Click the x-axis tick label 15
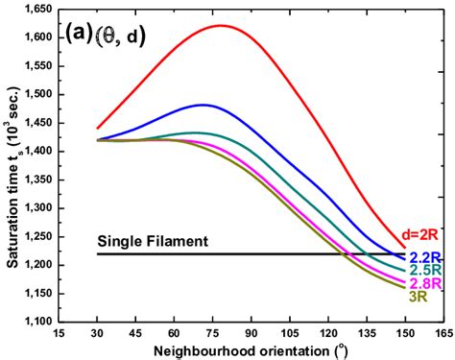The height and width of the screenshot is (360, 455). [x=60, y=332]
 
